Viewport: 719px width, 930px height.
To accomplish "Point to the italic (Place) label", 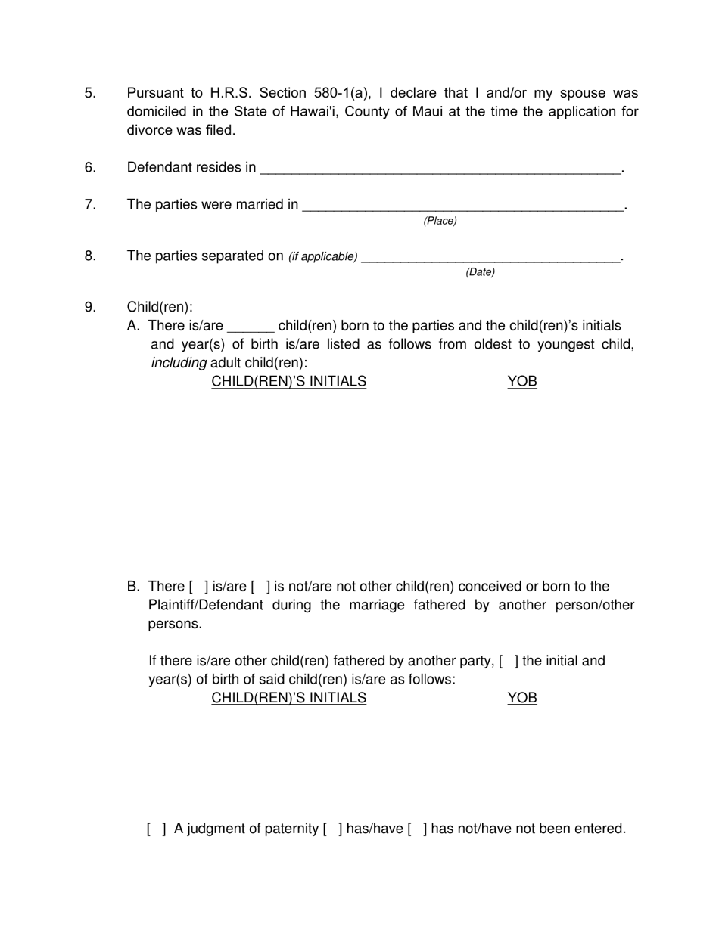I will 440,221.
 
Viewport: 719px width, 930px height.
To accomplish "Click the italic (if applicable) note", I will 322,256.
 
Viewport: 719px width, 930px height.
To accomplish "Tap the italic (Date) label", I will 480,272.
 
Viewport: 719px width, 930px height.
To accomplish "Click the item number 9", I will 90,307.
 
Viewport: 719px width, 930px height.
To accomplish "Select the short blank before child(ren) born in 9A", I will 250,327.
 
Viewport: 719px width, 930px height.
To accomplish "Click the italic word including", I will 179,363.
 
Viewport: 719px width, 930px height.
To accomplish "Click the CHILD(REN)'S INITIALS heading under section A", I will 288,381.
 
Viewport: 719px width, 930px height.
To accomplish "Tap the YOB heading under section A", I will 521,381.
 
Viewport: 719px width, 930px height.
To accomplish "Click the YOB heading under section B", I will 521,698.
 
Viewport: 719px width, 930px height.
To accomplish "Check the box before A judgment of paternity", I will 157,829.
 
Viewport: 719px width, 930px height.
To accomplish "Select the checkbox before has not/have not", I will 417,829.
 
